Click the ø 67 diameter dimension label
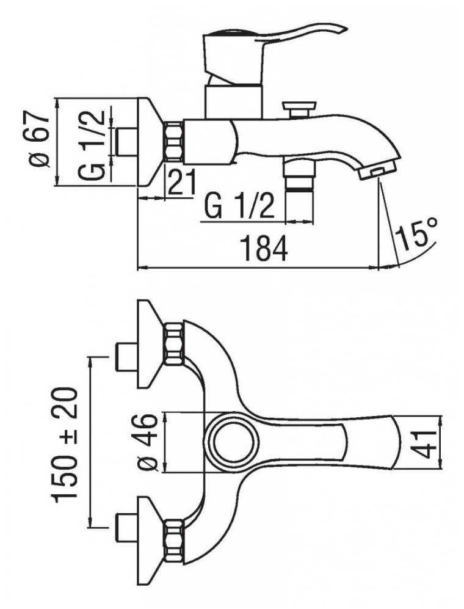40,140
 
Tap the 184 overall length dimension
264,247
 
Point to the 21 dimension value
182,182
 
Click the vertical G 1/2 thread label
92,145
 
